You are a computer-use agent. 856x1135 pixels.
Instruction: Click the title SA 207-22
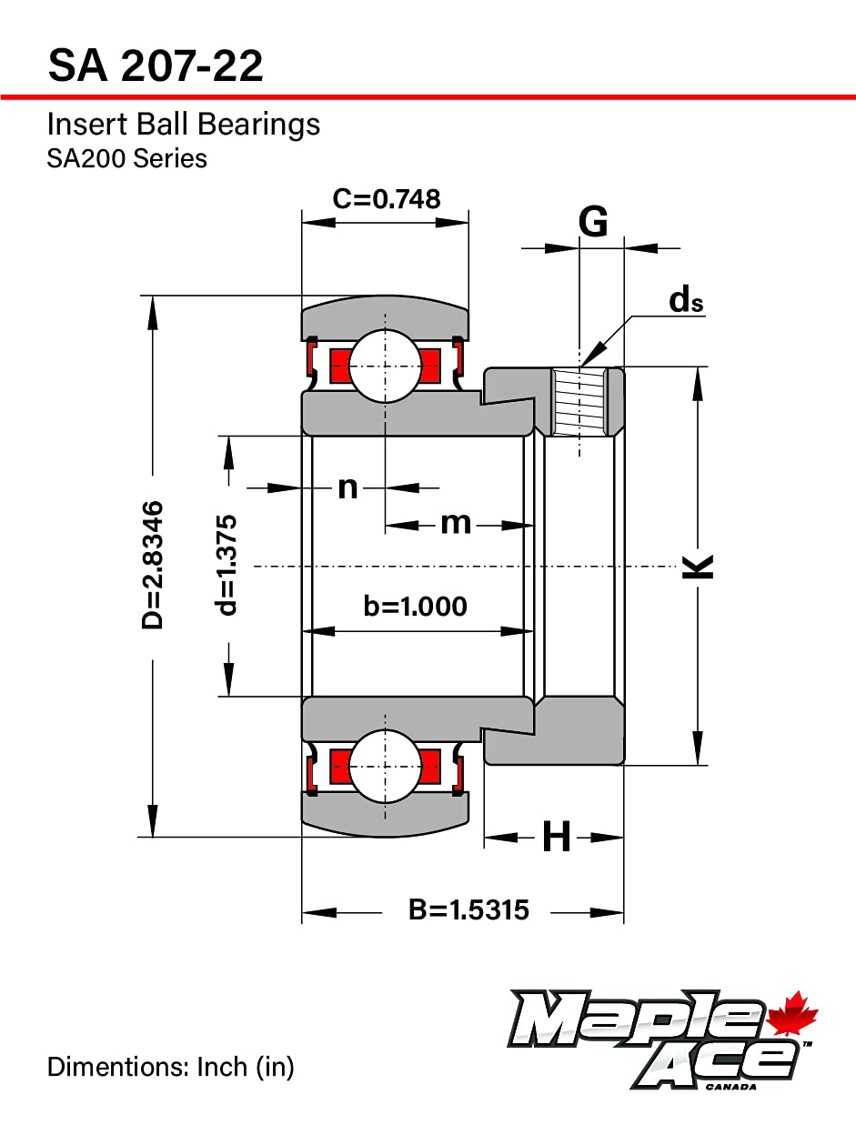pyautogui.click(x=156, y=66)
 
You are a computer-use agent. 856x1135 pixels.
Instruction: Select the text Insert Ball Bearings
pyautogui.click(x=183, y=124)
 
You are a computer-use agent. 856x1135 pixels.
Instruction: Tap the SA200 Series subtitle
pyautogui.click(x=126, y=158)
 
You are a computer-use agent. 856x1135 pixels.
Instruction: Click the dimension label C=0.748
pyautogui.click(x=386, y=198)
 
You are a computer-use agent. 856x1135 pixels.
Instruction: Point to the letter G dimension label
pyautogui.click(x=593, y=221)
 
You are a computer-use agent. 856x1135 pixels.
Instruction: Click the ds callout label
pyautogui.click(x=686, y=300)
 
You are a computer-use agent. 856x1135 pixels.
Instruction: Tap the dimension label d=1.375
pyautogui.click(x=227, y=565)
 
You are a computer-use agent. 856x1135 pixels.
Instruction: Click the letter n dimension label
pyautogui.click(x=347, y=487)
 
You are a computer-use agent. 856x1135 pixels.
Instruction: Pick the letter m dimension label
pyautogui.click(x=456, y=523)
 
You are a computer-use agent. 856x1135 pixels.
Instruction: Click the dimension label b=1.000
pyautogui.click(x=415, y=606)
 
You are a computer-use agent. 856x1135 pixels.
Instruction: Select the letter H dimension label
pyautogui.click(x=556, y=837)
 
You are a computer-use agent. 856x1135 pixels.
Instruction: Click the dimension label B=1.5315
pyautogui.click(x=468, y=909)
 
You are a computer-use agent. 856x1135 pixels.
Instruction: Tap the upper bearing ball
pyautogui.click(x=385, y=366)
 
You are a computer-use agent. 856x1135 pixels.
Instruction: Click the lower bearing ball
pyautogui.click(x=385, y=766)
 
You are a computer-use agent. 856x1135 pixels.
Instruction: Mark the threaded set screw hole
pyautogui.click(x=579, y=400)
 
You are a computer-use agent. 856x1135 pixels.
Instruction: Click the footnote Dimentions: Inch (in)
pyautogui.click(x=171, y=1066)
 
